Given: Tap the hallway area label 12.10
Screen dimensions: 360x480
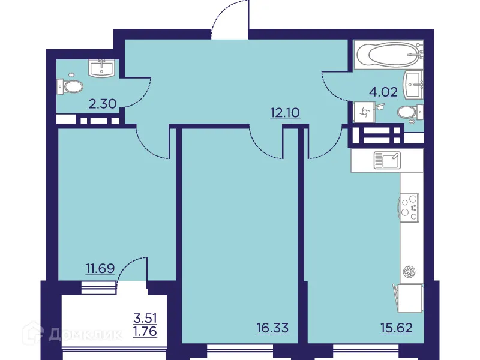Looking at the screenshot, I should pyautogui.click(x=284, y=112).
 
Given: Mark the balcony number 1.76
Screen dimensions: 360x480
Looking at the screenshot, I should pyautogui.click(x=145, y=329).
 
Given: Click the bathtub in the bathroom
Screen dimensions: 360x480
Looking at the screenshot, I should pyautogui.click(x=388, y=55).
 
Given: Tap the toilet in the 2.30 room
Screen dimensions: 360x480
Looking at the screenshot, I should pyautogui.click(x=71, y=87).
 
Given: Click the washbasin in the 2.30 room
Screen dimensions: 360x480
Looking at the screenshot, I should pyautogui.click(x=104, y=68).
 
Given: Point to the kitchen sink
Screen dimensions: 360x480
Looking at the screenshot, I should pyautogui.click(x=386, y=159).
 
